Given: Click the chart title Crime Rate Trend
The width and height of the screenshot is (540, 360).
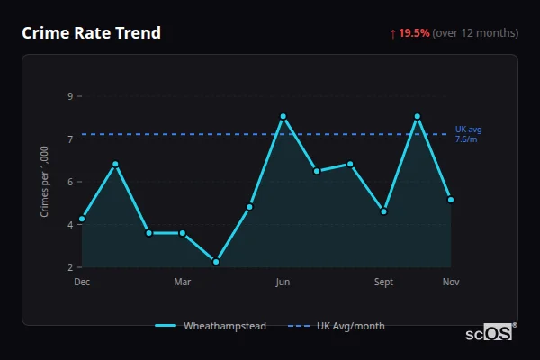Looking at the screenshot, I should tap(92, 33).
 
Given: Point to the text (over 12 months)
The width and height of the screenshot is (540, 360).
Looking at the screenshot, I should tap(475, 33).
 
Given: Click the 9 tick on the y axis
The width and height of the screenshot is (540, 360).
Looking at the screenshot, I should tap(70, 96).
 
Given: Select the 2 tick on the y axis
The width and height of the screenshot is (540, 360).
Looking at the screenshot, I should tap(70, 267).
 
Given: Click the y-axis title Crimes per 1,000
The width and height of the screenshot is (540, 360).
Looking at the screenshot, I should tap(45, 181).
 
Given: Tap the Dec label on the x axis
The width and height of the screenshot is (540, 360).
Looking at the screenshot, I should tap(82, 283).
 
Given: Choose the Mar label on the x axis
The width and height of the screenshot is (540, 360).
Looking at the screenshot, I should tap(183, 283).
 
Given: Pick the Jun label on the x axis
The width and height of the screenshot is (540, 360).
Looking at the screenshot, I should tap(283, 283).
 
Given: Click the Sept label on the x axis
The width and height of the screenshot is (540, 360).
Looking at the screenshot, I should tap(383, 283).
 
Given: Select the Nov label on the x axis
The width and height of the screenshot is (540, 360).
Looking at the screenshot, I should tap(451, 283).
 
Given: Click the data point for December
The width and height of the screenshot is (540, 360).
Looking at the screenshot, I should tap(82, 219).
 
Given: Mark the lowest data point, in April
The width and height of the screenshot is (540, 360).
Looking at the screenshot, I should tap(216, 262).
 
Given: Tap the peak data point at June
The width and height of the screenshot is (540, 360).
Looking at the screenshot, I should tap(283, 116).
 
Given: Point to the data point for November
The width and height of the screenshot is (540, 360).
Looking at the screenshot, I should tap(451, 200).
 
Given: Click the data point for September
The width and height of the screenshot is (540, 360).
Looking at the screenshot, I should tap(383, 211).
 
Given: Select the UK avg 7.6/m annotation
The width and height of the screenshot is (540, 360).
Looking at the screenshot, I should tap(468, 134).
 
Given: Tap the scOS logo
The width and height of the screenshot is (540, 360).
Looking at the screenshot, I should tap(490, 332).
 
